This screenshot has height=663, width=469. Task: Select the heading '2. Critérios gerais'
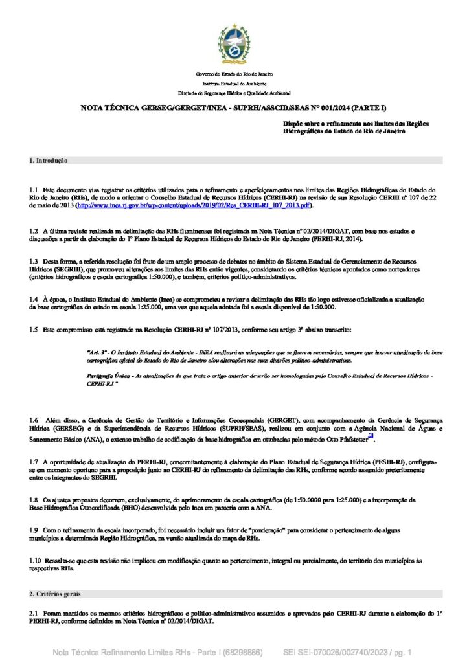[55, 594]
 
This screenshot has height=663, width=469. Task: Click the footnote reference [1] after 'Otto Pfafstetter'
[371, 436]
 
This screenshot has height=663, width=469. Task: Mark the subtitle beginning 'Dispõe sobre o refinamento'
[356, 127]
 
